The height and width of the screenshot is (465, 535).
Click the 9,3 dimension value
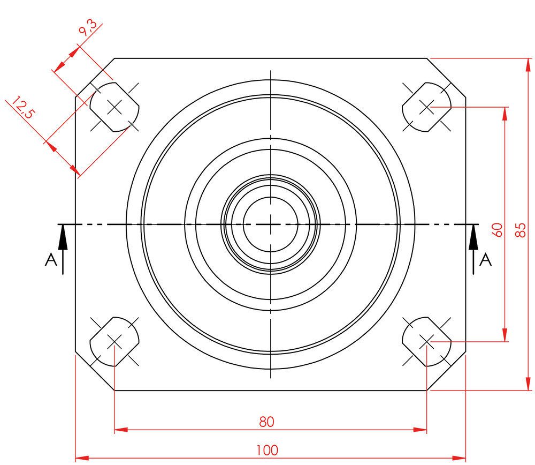tap(88, 28)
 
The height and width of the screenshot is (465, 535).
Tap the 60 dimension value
tap(498, 230)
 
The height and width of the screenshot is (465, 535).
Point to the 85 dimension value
tap(521, 230)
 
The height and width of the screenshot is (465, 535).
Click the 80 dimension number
tap(266, 422)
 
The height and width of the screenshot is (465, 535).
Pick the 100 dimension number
tap(267, 450)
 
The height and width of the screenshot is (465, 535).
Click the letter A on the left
tap(51, 260)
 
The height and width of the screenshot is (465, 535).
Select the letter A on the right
tap(486, 260)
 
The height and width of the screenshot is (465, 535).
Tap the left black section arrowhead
tap(63, 238)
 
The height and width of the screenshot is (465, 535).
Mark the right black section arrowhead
tap(473, 238)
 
